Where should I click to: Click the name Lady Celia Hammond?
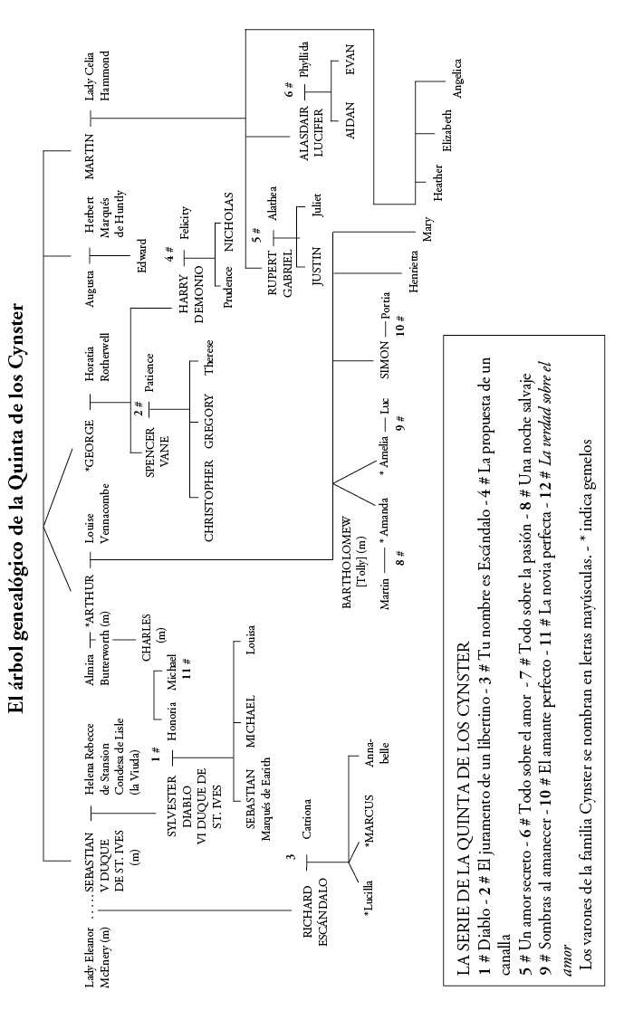pyautogui.click(x=97, y=81)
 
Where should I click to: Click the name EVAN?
pyautogui.click(x=350, y=62)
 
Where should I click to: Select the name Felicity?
pyautogui.click(x=184, y=224)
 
